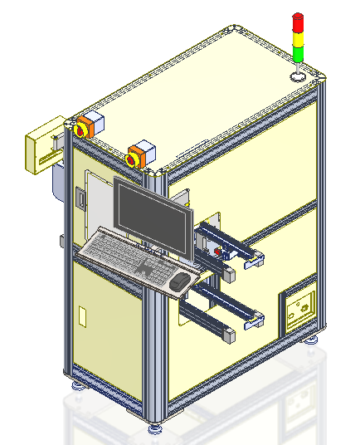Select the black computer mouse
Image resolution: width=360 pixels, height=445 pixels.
point(179,282)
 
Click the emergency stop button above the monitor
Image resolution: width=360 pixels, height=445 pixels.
point(135,156)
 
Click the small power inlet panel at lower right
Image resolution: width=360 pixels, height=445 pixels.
point(298,310)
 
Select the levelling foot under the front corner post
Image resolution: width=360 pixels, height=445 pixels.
point(155,429)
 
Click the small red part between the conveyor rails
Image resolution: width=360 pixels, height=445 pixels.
point(218,250)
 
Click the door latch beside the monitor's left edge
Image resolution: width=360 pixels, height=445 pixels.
point(81,198)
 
